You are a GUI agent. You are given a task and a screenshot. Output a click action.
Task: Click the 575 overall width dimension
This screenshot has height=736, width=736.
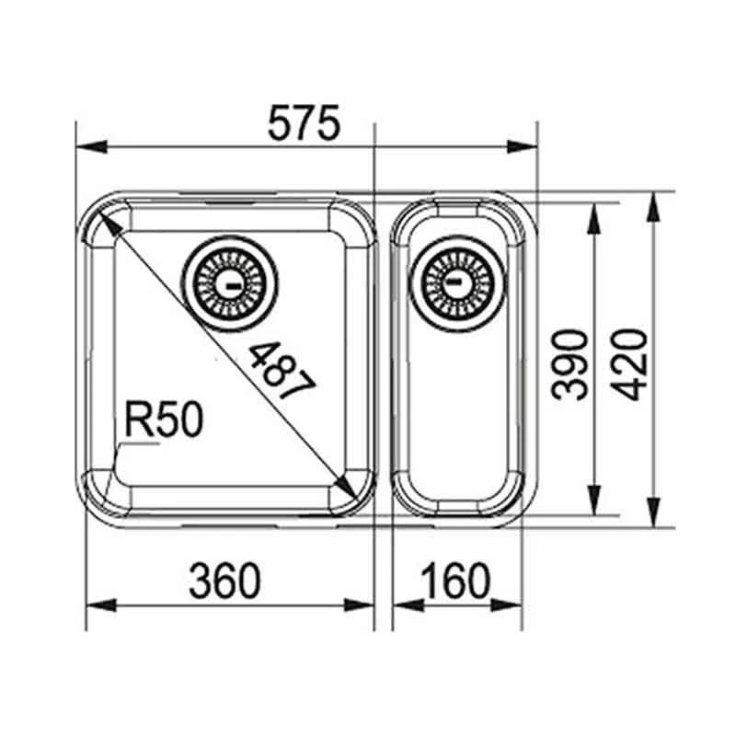[305, 124]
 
